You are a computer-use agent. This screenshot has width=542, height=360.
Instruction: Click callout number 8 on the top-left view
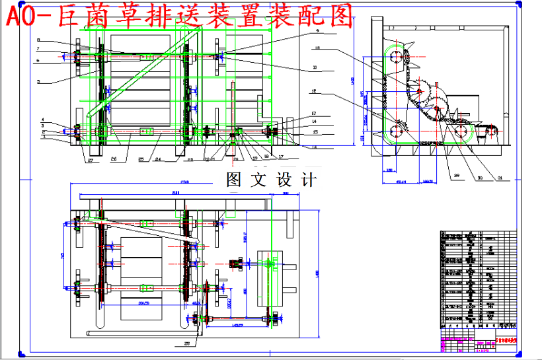[x=38, y=40]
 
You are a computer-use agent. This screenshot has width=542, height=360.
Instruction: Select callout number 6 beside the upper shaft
[x=38, y=60]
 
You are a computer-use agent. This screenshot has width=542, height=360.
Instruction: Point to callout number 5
[x=38, y=81]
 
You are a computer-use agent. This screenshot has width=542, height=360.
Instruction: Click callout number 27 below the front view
[x=90, y=159]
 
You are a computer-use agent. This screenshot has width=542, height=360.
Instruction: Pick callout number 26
[x=114, y=159]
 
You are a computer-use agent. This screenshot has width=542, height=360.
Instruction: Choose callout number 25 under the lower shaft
[x=141, y=159]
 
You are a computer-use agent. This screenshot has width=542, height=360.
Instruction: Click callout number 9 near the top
[x=317, y=31]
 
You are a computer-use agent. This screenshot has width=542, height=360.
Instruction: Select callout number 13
[x=315, y=114]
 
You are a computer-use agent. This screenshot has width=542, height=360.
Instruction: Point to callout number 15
[x=315, y=131]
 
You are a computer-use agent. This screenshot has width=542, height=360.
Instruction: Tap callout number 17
[x=281, y=157]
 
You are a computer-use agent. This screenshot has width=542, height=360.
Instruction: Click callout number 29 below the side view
[x=457, y=174]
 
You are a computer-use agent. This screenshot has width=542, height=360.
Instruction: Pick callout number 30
[x=479, y=176]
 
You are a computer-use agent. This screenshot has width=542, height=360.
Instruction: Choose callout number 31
[x=500, y=176]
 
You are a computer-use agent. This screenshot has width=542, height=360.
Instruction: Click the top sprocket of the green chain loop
[x=397, y=59]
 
